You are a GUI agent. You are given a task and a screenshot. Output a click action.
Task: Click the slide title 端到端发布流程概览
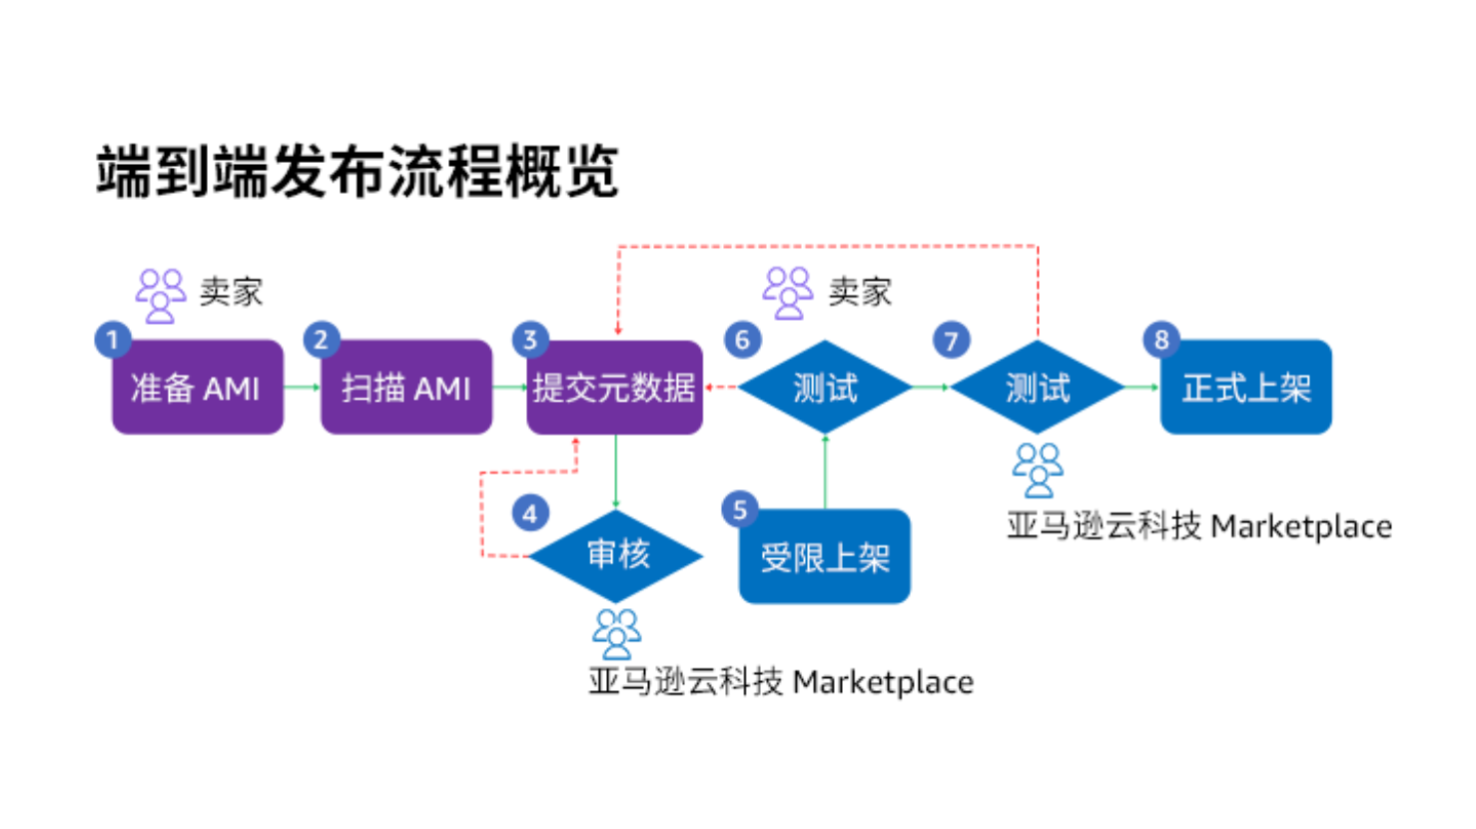pos(358,172)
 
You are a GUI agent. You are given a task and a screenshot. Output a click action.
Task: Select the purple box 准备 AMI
pos(197,388)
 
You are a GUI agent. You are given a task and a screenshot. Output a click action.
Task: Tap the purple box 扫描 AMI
pos(405,388)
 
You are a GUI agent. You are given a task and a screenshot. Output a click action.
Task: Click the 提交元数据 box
pos(614,388)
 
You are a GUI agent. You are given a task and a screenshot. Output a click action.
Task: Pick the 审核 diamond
pos(616,555)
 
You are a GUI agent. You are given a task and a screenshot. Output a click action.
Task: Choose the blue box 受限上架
pos(825,556)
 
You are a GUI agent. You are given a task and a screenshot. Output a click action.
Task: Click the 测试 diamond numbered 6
pos(825,388)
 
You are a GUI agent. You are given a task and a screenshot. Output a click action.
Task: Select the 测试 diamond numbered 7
pos(1038,388)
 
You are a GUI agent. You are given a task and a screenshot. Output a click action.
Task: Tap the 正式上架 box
pos(1245,388)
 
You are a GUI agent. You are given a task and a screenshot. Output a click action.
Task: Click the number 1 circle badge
pos(112,341)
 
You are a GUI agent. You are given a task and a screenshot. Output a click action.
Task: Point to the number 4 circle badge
pos(529,513)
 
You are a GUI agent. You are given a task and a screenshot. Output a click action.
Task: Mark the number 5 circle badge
pos(740,510)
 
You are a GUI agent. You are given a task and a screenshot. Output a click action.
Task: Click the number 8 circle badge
pos(1161,341)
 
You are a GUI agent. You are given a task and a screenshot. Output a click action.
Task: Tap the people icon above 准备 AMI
pos(161,295)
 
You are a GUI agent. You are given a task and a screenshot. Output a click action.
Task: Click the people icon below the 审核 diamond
pos(616,633)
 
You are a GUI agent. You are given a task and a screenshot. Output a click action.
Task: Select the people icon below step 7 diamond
pos(1038,469)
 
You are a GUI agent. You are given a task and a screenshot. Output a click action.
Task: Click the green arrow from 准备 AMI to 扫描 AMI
pos(302,387)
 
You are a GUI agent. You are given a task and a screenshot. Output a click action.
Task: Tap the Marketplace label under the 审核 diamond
pos(781,682)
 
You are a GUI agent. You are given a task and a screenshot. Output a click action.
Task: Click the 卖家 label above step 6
pos(860,292)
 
